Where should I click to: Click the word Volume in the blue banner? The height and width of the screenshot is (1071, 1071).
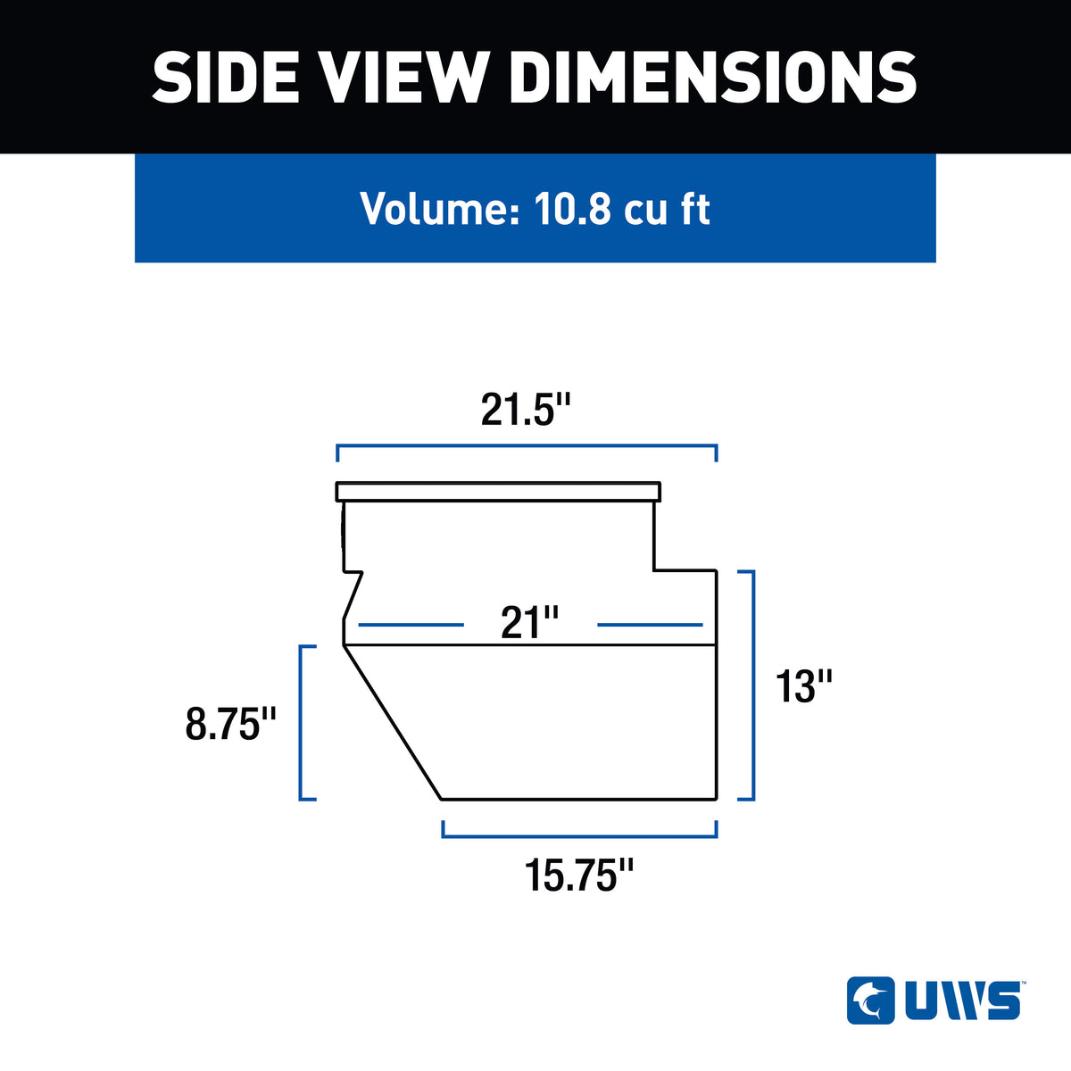440,209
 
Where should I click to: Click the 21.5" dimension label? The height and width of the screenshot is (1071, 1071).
526,411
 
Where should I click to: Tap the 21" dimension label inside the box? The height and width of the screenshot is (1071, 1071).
529,622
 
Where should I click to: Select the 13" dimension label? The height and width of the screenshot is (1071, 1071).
803,687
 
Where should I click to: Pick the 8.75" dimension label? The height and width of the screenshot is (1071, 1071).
230,724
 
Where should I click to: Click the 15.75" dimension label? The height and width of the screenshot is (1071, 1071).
579,876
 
